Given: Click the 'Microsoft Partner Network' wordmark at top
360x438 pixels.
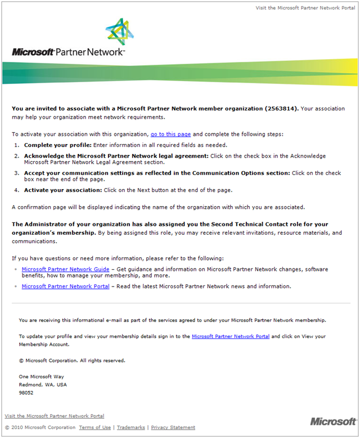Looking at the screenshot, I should click(68, 52).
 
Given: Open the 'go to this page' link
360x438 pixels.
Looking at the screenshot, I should click(171, 135).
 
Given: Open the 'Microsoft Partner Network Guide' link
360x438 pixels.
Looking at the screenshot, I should click(65, 270).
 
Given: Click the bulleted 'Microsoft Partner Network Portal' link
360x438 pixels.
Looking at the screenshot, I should click(65, 287).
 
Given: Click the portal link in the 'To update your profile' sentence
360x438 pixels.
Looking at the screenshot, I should click(231, 336).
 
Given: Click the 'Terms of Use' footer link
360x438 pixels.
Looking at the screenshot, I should click(95, 428).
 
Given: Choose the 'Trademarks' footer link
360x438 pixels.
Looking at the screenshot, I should click(131, 428).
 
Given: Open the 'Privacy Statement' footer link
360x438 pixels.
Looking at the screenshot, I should click(173, 428).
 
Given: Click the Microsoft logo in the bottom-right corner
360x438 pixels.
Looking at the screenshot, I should click(333, 422).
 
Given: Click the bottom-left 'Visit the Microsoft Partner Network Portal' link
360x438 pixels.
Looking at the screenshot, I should click(55, 416).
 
